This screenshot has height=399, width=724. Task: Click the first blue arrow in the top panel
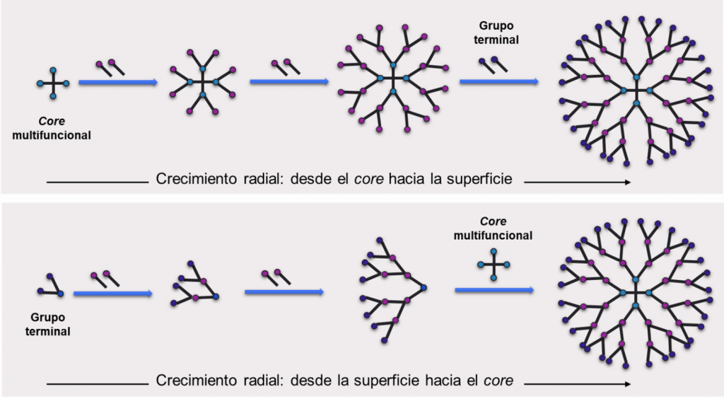[x=117, y=83]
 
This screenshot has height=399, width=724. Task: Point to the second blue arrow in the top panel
[x=288, y=83]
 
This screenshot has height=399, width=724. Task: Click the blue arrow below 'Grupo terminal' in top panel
[x=498, y=83]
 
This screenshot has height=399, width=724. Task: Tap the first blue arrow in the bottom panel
[x=113, y=293]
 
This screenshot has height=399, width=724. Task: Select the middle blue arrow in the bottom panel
[x=284, y=291]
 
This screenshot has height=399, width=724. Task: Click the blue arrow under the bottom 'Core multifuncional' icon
[x=494, y=290]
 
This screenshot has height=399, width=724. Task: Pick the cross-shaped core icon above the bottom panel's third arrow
[x=494, y=264]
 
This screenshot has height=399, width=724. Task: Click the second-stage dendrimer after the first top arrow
[x=203, y=83]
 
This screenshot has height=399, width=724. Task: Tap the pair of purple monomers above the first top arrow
[x=110, y=68]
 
